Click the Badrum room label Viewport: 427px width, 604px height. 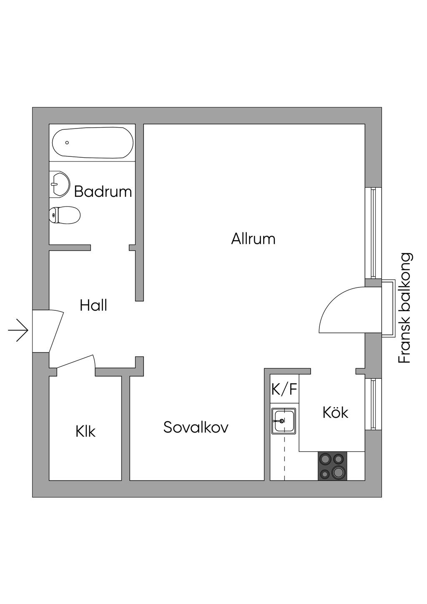(103, 192)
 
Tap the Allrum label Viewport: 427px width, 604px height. (253, 239)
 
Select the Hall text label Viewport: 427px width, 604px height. (93, 306)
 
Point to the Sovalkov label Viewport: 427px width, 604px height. (196, 427)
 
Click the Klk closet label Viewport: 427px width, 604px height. (85, 431)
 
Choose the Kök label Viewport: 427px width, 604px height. (335, 412)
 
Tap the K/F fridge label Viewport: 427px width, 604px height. (284, 390)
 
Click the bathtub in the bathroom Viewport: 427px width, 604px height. (93, 143)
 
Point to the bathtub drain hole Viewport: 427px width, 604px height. (67, 143)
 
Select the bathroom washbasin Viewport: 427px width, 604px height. (60, 184)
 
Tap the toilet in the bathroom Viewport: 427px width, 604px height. (65, 215)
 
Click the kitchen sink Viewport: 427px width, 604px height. (284, 420)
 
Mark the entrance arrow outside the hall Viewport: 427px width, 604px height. (18, 330)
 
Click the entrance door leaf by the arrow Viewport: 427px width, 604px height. (56, 332)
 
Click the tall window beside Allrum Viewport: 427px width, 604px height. (373, 233)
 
